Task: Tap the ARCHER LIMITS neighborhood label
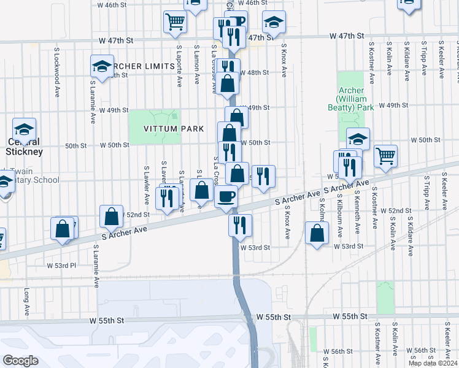pos(142,66)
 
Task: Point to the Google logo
pos(20,361)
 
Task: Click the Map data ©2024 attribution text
pos(433,363)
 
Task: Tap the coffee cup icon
pos(227,196)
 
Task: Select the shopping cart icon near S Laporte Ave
pos(175,21)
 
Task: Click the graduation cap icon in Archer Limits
pos(102,66)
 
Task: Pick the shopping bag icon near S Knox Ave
pos(317,234)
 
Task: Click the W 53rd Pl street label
pos(61,266)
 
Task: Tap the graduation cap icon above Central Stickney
pos(25,129)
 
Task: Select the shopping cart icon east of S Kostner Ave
pos(385,156)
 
